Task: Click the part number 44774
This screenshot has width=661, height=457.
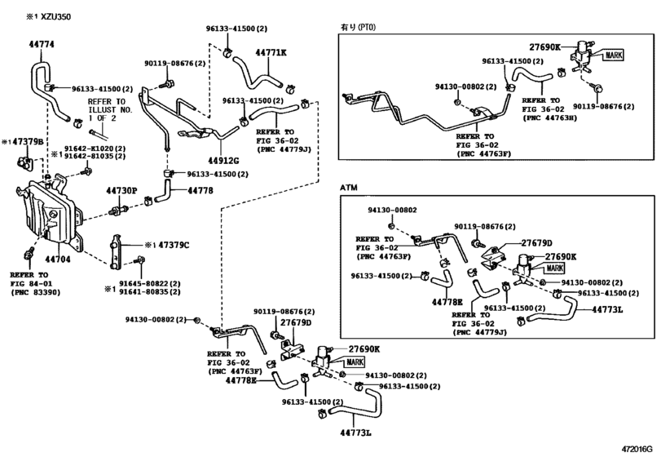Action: [x=42, y=44]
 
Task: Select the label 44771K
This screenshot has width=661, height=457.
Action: [x=271, y=52]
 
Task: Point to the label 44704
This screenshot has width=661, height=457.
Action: [x=58, y=259]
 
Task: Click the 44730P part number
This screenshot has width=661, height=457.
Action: [x=121, y=191]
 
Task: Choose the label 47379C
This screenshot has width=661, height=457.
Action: [x=174, y=245]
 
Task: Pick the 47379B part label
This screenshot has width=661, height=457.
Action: [x=28, y=142]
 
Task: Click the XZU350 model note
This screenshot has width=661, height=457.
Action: [x=55, y=17]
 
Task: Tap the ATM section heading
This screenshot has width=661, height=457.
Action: [x=349, y=188]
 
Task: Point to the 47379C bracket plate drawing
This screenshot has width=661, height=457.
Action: [x=116, y=251]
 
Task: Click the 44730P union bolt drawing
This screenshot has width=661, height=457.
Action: [x=119, y=210]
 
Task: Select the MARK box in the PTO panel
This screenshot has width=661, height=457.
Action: [x=614, y=55]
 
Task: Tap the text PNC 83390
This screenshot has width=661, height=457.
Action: [x=35, y=292]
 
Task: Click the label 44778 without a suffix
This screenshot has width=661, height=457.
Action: [x=201, y=191]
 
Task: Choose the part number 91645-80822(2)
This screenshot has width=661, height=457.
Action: [x=150, y=283]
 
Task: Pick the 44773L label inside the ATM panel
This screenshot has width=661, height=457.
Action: [x=607, y=310]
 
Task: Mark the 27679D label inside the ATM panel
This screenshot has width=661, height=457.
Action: [x=536, y=243]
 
